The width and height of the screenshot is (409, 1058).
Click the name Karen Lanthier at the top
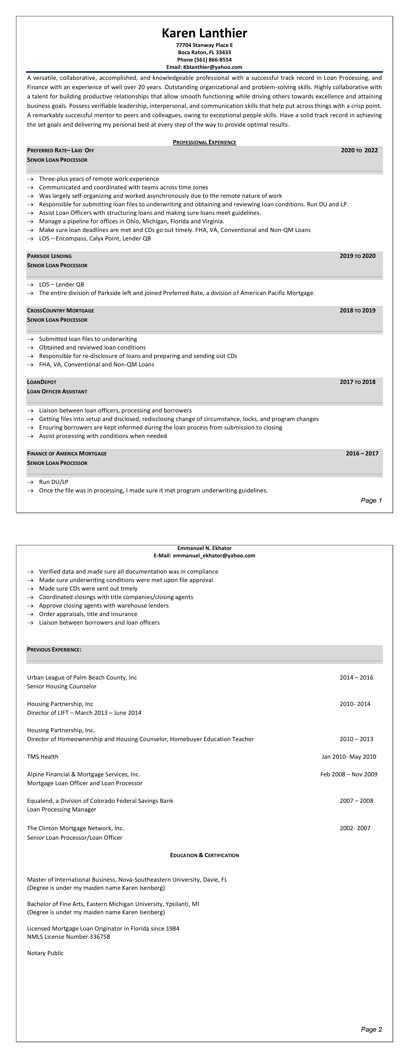click(204, 33)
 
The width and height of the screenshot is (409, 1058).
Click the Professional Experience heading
click(204, 142)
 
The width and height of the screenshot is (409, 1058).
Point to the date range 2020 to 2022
click(359, 150)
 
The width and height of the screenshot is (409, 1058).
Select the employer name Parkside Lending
click(49, 256)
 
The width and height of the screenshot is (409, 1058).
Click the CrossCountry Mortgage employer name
click(60, 311)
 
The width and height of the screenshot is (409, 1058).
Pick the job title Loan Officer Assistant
click(57, 391)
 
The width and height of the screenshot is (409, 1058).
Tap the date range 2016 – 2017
click(362, 453)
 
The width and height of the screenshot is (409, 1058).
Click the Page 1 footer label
click(371, 500)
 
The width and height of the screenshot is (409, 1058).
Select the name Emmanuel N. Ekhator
click(204, 548)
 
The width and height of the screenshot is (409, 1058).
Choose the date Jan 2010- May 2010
click(349, 756)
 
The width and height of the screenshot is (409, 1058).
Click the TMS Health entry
click(43, 756)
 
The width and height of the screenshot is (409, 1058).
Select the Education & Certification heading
click(204, 855)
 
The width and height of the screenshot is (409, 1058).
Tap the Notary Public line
click(45, 953)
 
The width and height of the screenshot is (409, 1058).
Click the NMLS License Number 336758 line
click(68, 936)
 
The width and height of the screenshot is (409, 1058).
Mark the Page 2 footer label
click(371, 1029)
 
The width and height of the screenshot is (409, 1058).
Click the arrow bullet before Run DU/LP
click(30, 482)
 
